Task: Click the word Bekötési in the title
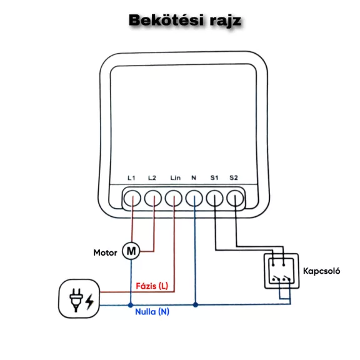pos(166,20)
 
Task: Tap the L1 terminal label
pos(131,178)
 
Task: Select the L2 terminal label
pos(152,178)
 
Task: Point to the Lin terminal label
pos(176,178)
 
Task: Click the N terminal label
pos(194,178)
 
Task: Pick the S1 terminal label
pos(214,178)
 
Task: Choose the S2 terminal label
pos(234,178)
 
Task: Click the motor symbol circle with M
pos(131,251)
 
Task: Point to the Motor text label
pos(105,252)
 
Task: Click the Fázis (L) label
pos(152,286)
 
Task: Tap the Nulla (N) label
pos(152,312)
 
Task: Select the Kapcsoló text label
pos(321,271)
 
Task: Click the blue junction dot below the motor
pos(131,305)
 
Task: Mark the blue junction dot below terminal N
pos(196,305)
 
